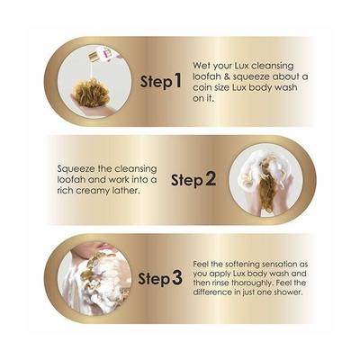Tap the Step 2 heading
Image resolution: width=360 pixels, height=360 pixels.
click(x=193, y=178)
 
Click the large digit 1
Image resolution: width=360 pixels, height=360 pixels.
click(x=179, y=81)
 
